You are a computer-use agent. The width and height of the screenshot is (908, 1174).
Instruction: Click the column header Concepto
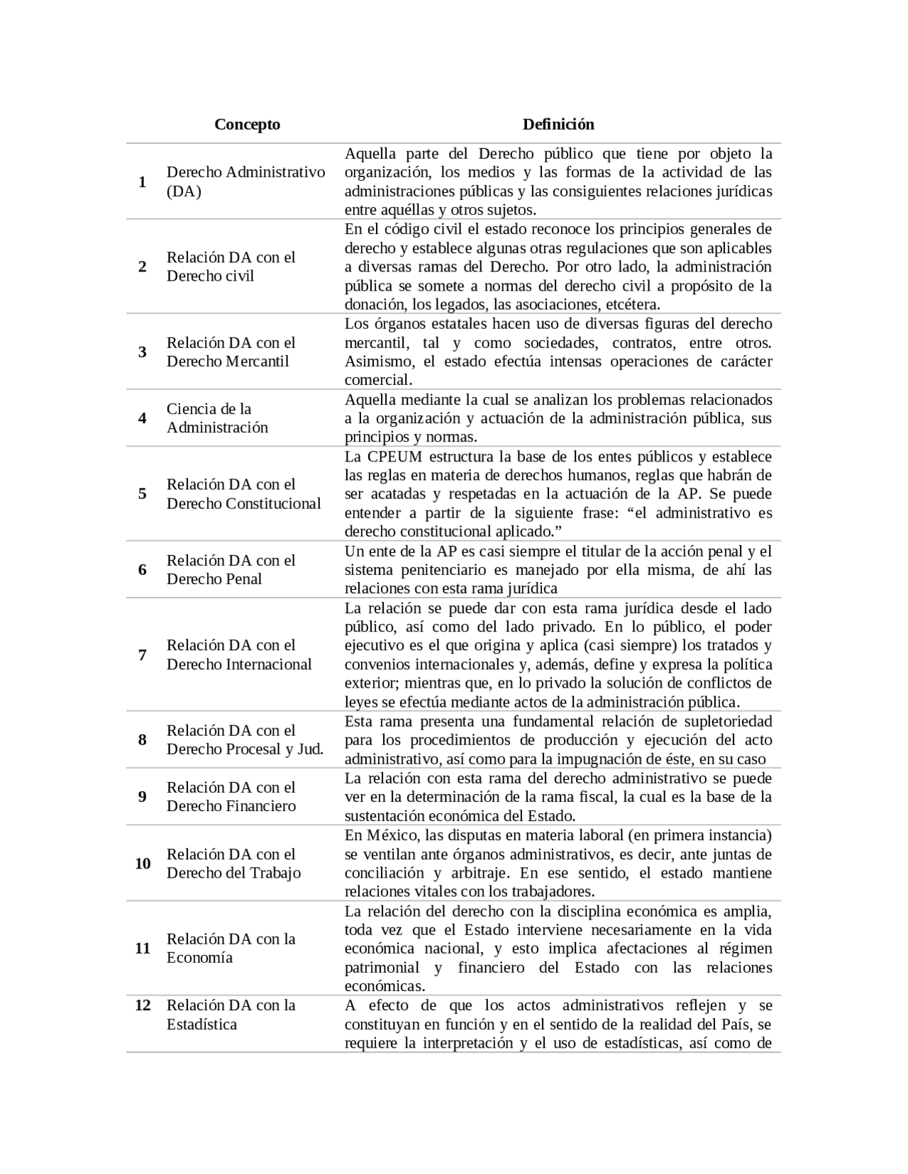click(247, 125)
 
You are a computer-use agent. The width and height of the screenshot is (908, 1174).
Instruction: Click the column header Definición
click(558, 125)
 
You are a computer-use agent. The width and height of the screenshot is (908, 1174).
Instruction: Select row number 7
click(143, 655)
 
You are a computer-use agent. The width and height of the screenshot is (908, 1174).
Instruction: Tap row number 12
click(143, 1005)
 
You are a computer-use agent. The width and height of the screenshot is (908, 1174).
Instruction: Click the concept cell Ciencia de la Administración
click(217, 418)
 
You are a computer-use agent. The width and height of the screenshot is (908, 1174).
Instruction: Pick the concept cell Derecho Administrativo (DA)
click(245, 181)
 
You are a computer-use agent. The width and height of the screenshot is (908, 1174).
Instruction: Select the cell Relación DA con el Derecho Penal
click(231, 570)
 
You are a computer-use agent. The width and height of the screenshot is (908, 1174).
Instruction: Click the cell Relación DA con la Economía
click(231, 949)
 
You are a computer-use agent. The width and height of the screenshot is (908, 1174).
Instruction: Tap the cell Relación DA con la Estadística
click(231, 1014)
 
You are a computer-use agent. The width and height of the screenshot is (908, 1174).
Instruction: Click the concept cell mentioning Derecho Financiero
click(231, 797)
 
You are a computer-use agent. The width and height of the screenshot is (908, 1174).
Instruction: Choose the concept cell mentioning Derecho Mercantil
click(231, 352)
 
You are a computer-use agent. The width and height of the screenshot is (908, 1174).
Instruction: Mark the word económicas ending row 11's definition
click(384, 987)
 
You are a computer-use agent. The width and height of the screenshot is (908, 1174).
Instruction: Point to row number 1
click(143, 182)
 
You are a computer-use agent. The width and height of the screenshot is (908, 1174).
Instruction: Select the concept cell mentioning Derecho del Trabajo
click(233, 863)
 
